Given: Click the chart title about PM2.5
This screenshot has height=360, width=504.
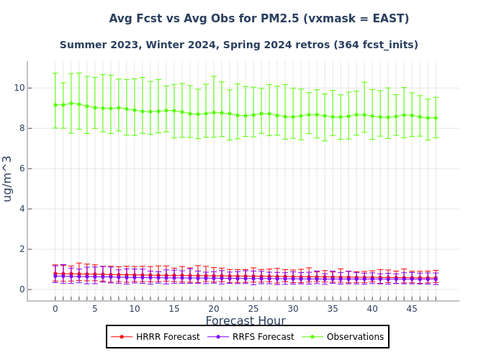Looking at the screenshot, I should (x=259, y=19).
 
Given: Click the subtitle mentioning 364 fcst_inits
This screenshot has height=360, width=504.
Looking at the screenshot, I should (x=239, y=45).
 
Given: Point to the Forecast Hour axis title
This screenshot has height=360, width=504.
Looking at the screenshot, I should (x=246, y=321).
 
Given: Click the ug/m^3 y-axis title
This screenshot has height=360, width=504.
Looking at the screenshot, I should (x=8, y=178).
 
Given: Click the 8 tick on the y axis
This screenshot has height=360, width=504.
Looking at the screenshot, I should (x=20, y=128).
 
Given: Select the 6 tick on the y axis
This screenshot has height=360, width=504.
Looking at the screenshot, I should (x=20, y=168).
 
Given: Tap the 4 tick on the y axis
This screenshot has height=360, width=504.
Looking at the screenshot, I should (x=20, y=209).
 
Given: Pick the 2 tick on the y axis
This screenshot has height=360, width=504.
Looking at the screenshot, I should (x=20, y=249).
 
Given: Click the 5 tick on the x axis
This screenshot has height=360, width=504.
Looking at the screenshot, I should (x=94, y=309).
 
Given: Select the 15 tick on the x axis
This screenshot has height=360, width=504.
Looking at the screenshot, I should (x=174, y=309).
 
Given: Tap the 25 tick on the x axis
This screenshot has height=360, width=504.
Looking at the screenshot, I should (x=253, y=309).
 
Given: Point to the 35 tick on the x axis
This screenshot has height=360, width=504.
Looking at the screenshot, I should (x=333, y=309).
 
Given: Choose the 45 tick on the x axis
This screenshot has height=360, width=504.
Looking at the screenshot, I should (x=412, y=309).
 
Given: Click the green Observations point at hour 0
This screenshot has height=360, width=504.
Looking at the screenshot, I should (x=55, y=105).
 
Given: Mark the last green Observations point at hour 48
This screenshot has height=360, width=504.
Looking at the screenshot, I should (x=436, y=118).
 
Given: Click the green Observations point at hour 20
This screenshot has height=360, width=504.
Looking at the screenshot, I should (x=214, y=112).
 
